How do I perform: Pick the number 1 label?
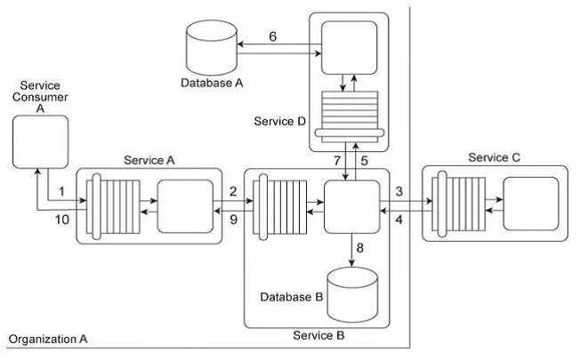[62, 192]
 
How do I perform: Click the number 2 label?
[232, 192]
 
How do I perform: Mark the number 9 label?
[232, 219]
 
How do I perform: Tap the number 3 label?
[401, 192]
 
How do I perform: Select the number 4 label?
[401, 219]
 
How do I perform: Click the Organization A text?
[48, 340]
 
